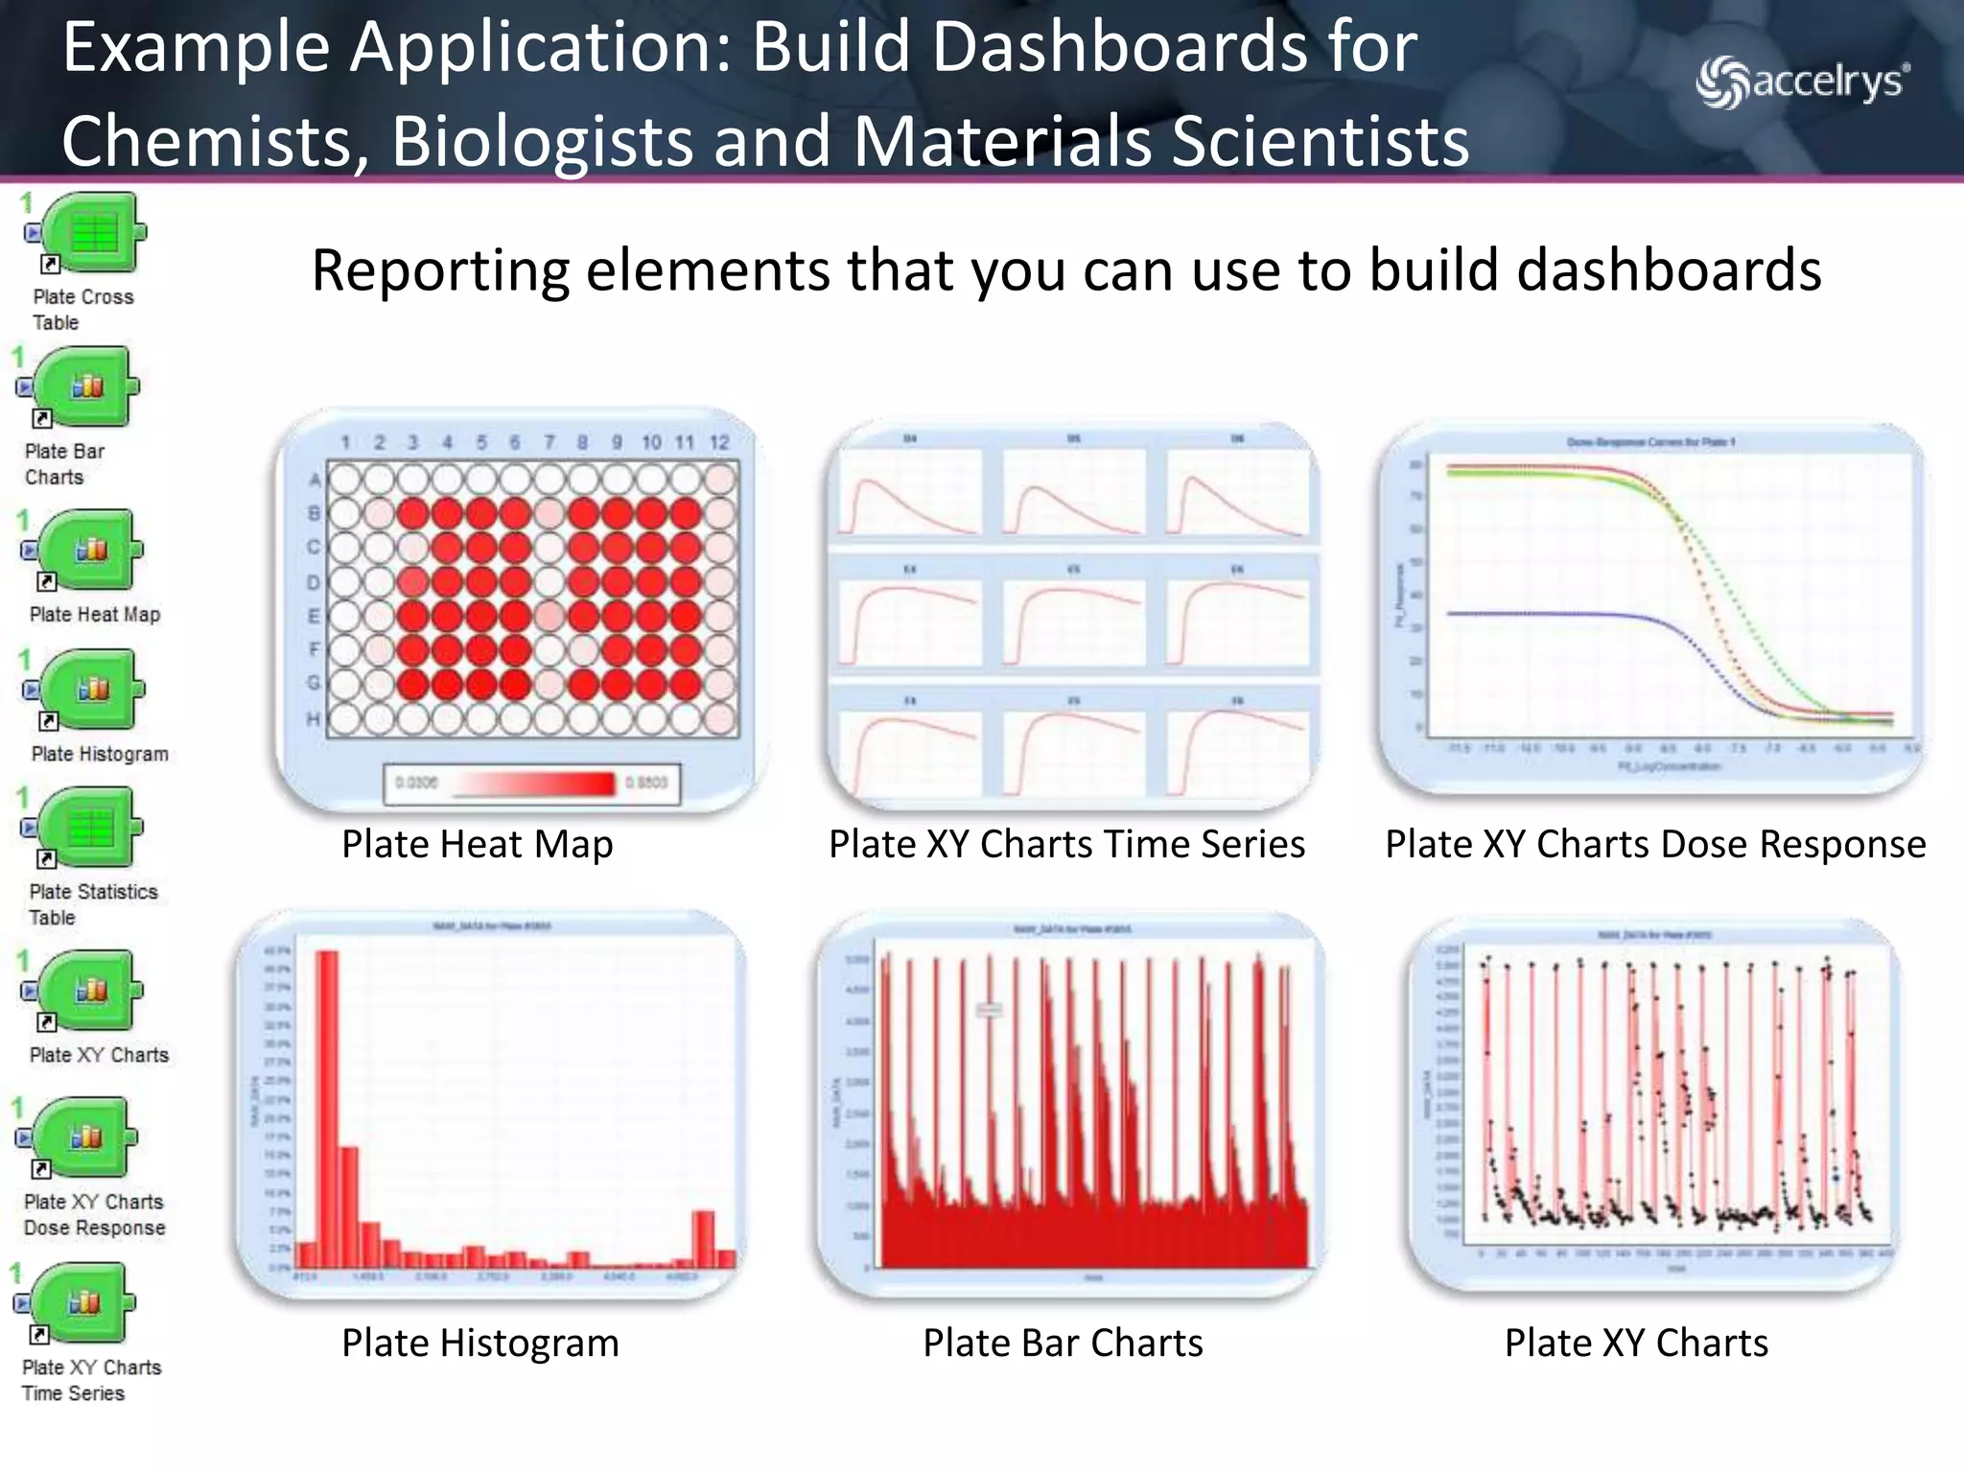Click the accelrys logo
coord(1802,82)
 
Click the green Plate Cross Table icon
coord(94,233)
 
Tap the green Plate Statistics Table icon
coord(91,828)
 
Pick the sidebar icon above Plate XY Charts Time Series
coord(84,1302)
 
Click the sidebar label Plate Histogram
coord(100,754)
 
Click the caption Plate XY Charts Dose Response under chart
coord(1655,844)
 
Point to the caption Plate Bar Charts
coord(1063,1343)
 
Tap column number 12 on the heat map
coord(719,442)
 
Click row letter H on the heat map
coord(313,718)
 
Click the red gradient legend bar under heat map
coord(533,783)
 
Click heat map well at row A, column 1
coord(345,478)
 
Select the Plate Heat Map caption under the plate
coord(477,844)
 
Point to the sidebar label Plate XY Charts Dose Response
coord(94,1214)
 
